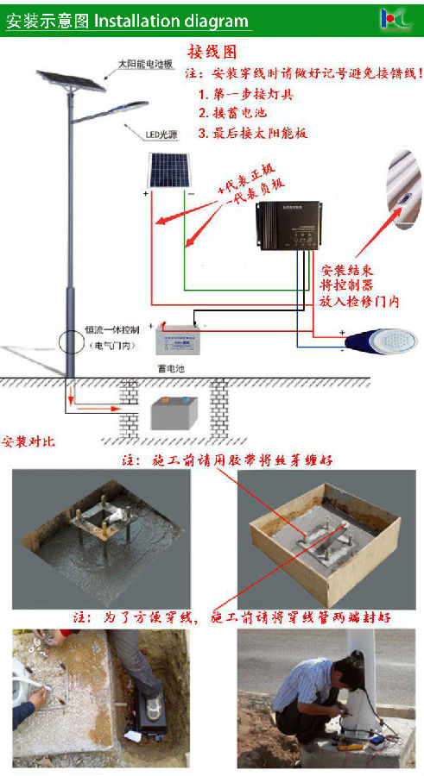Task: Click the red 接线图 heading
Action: point(212,53)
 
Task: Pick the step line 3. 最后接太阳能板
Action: point(252,133)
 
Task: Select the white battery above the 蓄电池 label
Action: point(181,342)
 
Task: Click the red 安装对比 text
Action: point(28,442)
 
